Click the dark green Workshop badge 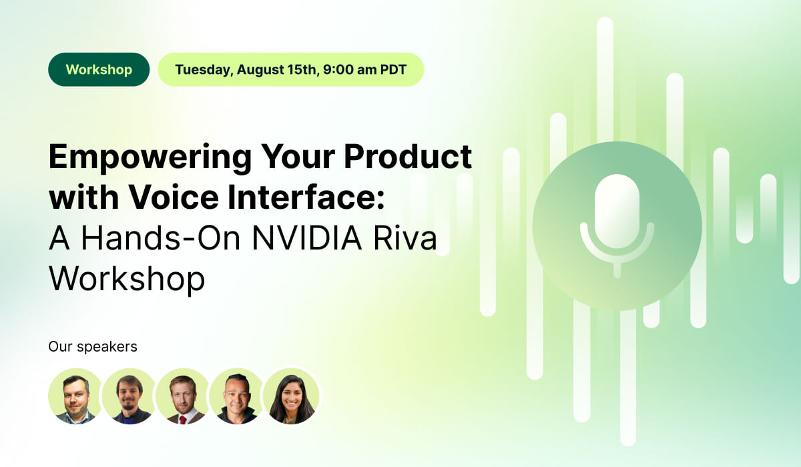tap(99, 69)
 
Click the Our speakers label tap(93, 347)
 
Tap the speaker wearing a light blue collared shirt tap(75, 396)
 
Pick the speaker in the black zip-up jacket tap(236, 396)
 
